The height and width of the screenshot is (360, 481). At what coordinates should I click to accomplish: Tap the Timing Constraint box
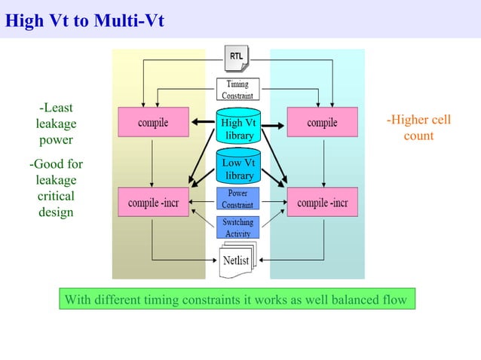238,90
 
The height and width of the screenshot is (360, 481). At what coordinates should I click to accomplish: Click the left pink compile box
153,123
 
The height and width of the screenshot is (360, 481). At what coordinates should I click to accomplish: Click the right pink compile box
322,123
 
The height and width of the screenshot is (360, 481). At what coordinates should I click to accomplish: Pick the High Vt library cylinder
239,128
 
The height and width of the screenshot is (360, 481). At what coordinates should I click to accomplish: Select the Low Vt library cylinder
239,169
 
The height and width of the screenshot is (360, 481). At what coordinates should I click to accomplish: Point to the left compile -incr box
153,202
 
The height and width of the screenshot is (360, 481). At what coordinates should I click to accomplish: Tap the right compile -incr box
322,202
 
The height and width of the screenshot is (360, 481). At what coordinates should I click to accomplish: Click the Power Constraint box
238,199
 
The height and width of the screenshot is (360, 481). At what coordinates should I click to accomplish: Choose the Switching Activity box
238,228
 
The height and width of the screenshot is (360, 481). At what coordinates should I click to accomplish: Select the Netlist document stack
237,259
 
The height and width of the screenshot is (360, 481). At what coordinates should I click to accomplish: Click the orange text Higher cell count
418,128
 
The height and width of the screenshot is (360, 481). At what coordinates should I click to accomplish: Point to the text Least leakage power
57,124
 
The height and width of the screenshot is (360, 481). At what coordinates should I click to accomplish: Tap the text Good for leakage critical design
57,188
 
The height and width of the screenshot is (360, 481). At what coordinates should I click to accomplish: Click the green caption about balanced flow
236,300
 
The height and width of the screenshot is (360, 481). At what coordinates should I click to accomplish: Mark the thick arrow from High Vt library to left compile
202,123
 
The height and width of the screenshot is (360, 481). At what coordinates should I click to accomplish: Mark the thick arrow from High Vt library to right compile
274,123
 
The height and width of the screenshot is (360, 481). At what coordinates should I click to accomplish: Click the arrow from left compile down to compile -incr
153,162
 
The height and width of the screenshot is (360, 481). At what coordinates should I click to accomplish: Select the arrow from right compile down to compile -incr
323,162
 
